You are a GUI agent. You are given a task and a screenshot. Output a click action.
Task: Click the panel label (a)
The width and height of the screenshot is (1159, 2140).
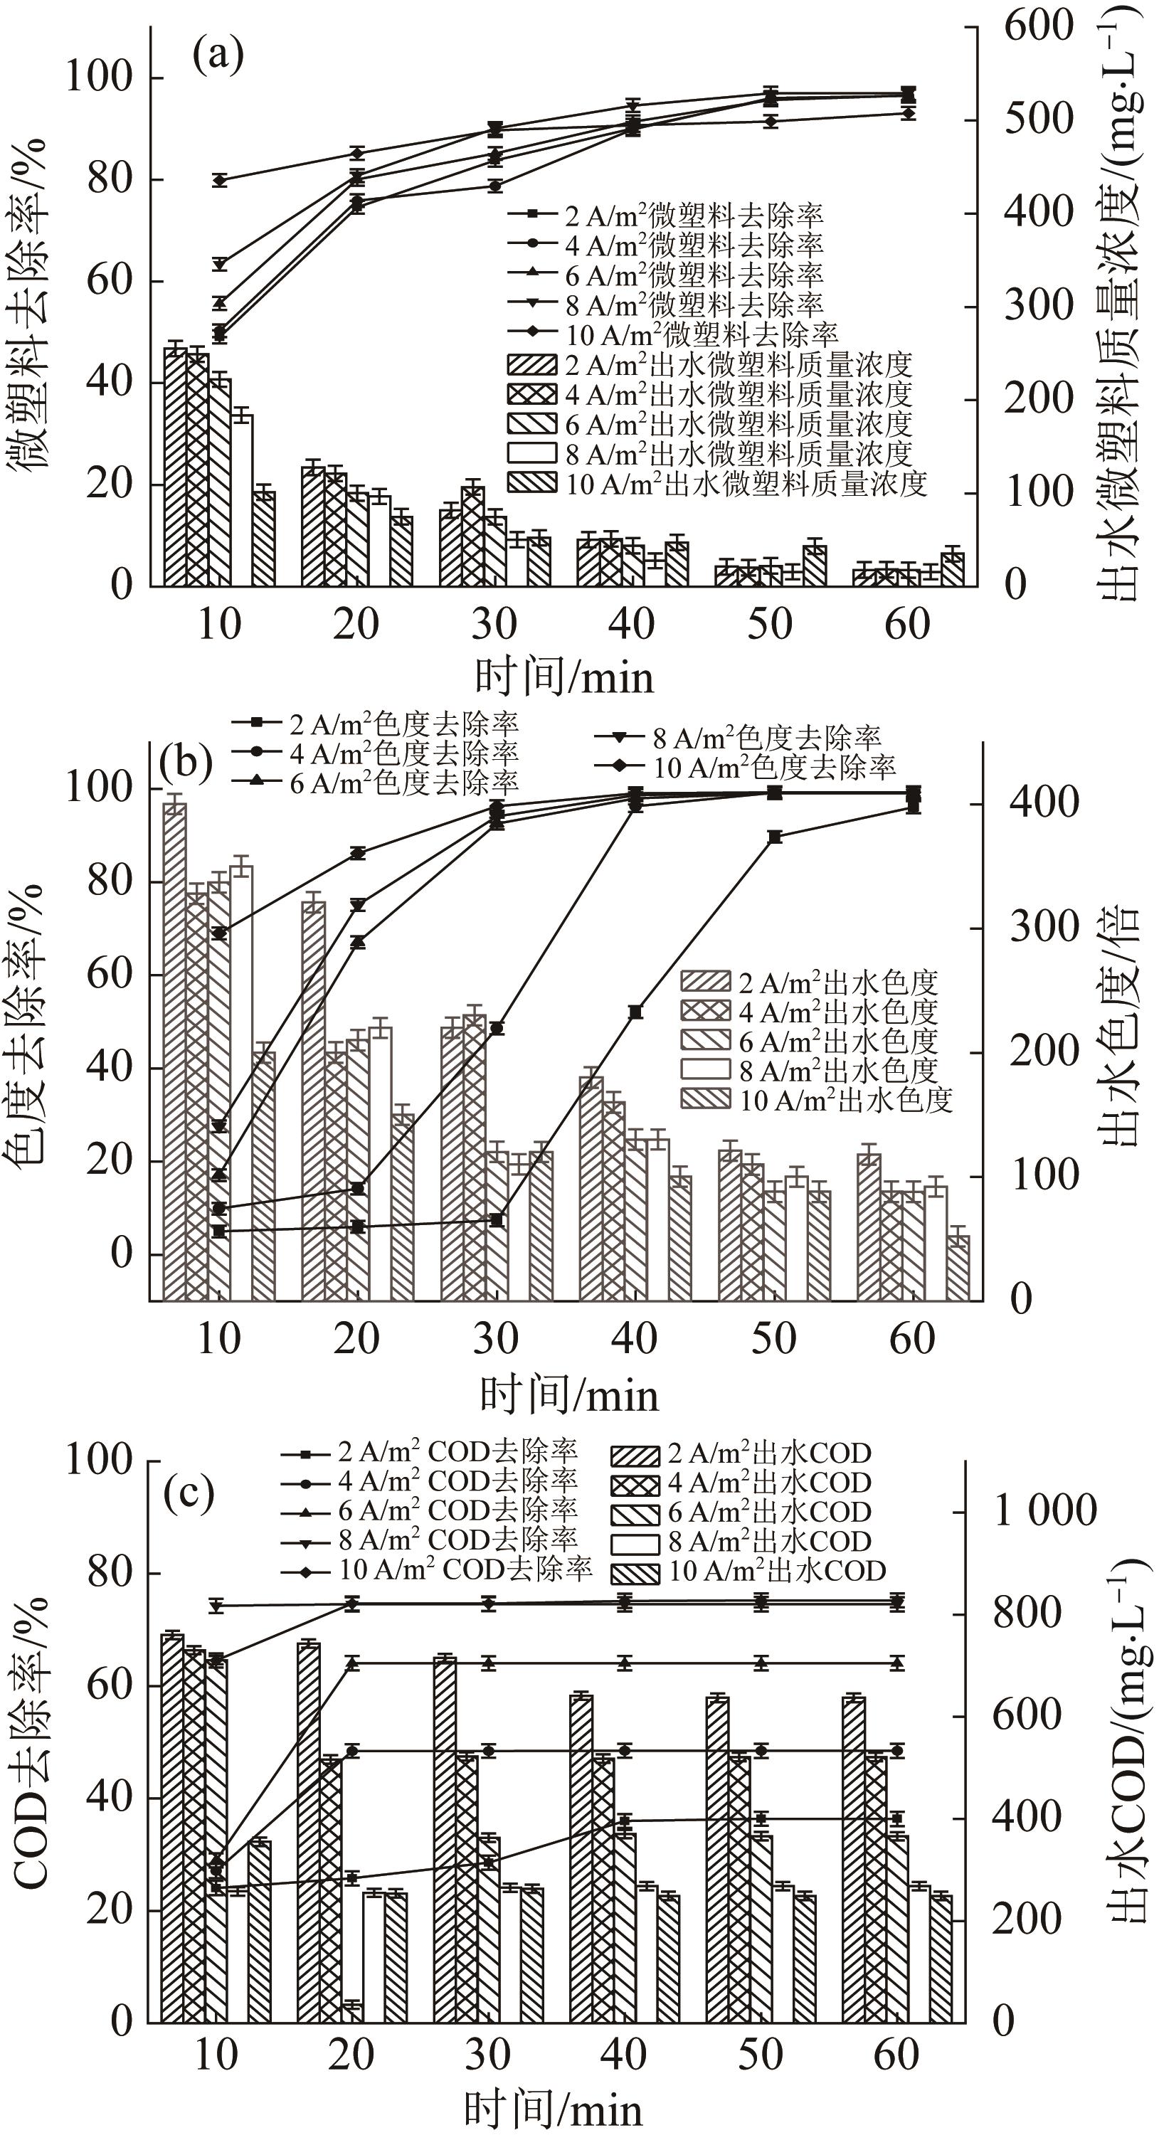tap(218, 55)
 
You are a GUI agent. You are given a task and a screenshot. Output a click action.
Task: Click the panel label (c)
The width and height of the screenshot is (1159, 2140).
tap(189, 1493)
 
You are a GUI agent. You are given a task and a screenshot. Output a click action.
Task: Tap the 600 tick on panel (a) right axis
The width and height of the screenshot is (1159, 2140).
tap(1039, 26)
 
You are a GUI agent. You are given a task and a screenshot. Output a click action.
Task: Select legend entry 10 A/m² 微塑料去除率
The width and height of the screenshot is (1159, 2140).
tap(702, 334)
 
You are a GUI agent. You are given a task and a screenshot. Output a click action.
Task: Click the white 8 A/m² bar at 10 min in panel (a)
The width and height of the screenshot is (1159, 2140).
tap(242, 499)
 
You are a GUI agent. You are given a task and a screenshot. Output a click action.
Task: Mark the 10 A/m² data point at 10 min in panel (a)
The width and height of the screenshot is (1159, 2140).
tap(220, 179)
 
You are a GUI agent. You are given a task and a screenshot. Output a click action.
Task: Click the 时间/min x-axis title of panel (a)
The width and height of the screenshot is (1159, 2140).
tap(564, 677)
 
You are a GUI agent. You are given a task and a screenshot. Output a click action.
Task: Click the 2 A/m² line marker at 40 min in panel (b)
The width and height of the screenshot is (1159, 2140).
tap(635, 1011)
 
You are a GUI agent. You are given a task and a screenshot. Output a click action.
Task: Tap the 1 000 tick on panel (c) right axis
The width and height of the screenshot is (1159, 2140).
tap(1045, 1510)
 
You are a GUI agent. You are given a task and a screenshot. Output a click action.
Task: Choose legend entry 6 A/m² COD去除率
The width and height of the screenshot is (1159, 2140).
tap(457, 1510)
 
